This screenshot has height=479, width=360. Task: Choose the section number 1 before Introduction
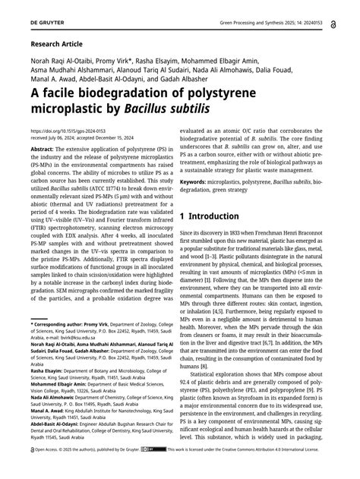click(x=183, y=216)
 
